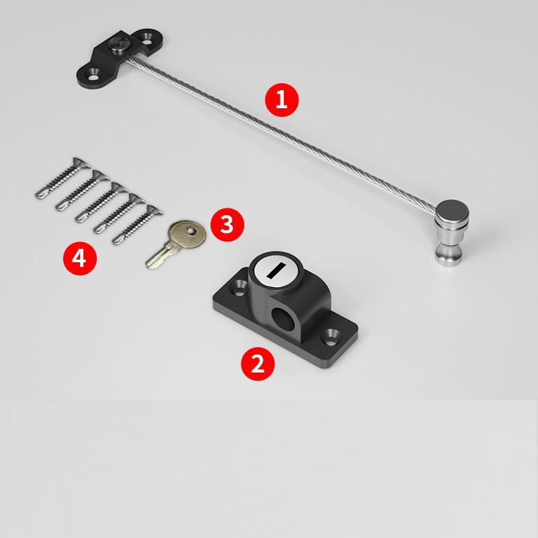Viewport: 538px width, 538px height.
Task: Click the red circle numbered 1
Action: click(x=281, y=100)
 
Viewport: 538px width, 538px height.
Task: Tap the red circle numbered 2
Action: click(x=258, y=363)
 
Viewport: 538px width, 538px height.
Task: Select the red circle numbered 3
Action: click(x=227, y=225)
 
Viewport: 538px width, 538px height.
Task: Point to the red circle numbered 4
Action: click(x=79, y=258)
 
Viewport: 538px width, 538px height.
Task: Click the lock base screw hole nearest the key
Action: click(x=239, y=290)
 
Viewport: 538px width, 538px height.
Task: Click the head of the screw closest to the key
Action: click(x=154, y=211)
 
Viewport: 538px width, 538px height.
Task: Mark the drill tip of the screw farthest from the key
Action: click(x=39, y=194)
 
